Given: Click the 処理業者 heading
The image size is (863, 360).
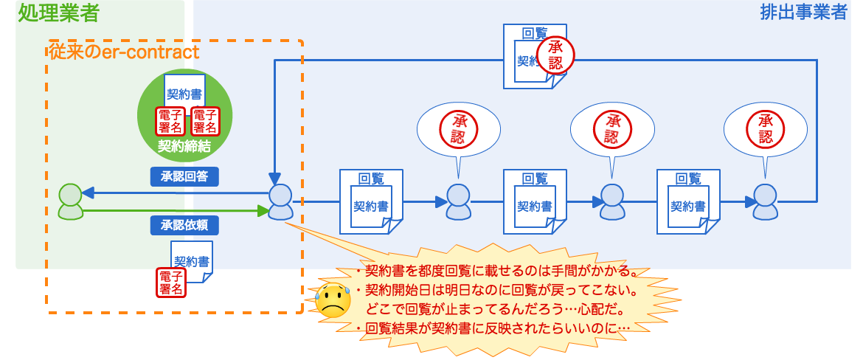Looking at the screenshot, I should point(58,13).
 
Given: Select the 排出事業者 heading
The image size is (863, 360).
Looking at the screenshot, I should point(803,13).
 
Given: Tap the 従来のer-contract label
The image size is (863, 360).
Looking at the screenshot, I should point(123,52).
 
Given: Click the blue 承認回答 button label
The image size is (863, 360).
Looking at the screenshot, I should point(184,176).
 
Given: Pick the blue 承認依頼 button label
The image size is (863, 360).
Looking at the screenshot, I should point(184,224).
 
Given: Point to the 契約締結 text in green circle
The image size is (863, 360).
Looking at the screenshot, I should point(184,146).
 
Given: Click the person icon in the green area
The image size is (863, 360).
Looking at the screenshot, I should point(71,201).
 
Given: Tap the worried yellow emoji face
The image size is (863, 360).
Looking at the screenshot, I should point(333,300).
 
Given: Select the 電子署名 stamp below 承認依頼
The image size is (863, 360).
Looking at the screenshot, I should point(171,283).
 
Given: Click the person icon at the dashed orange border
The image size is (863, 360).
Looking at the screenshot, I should point(280,201).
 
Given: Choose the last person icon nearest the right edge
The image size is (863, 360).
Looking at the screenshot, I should point(765,201).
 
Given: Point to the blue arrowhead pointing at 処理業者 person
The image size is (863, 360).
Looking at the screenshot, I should point(87,193).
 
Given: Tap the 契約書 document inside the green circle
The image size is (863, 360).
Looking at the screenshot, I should point(184,94).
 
